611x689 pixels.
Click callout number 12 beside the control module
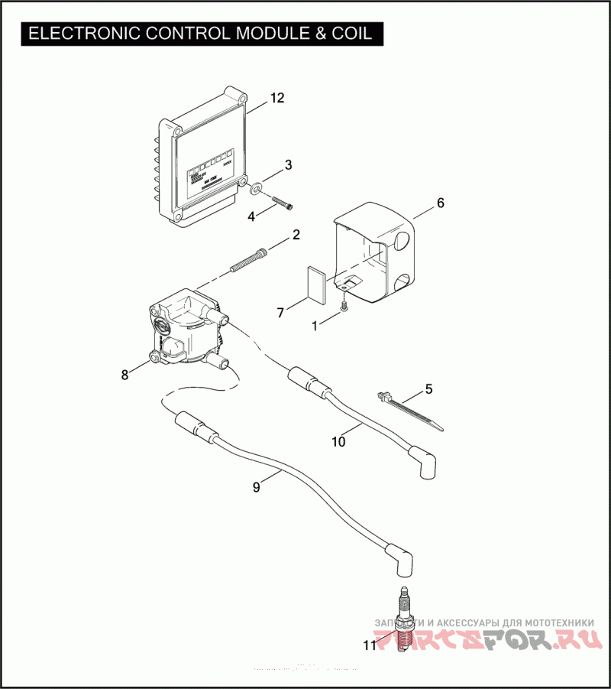coord(276,99)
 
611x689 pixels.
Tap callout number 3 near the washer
coord(288,164)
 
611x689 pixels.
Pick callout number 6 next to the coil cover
coord(440,203)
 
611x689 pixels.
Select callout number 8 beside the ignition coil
coord(124,374)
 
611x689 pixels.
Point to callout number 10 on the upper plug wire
coord(338,440)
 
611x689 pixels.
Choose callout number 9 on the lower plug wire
coord(257,486)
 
